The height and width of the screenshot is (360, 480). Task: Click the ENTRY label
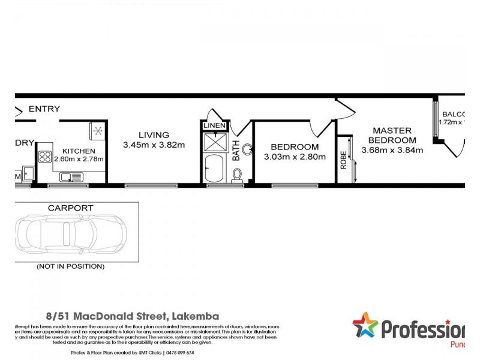pos(44,109)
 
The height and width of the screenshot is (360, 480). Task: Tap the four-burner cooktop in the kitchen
pos(46,158)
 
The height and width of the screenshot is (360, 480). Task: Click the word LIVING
pos(154,135)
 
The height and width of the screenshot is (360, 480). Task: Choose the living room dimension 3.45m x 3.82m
pos(154,145)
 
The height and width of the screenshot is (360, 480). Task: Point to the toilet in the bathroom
pos(237,175)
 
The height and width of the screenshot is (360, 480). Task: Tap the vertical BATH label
pos(236,150)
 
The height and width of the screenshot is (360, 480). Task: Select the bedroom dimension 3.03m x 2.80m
pos(295,157)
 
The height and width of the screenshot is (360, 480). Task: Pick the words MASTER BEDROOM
pos(392,135)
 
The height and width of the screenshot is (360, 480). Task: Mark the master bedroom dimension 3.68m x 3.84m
pos(392,150)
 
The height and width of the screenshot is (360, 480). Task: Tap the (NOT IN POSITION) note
pos(70,266)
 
